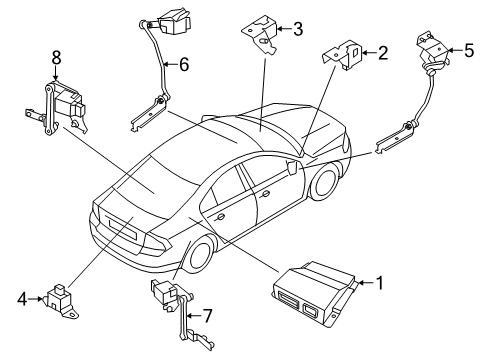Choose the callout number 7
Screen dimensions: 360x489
coord(208,316)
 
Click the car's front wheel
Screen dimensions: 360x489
coord(323,182)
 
